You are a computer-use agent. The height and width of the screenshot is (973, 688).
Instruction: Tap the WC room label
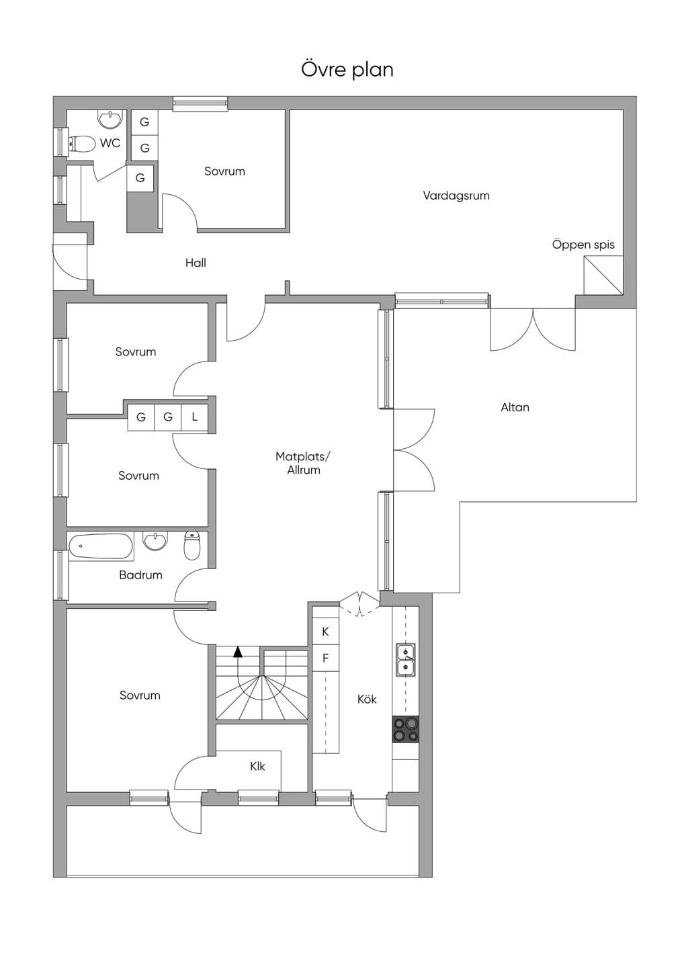click(110, 143)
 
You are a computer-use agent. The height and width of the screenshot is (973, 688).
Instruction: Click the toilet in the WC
click(82, 143)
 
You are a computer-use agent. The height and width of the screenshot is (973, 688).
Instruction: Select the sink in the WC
click(110, 119)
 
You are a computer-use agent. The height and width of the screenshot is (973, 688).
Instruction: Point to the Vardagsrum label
click(456, 196)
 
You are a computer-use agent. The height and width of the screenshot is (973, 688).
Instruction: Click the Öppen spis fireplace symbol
click(603, 276)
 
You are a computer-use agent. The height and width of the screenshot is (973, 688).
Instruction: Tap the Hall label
click(196, 263)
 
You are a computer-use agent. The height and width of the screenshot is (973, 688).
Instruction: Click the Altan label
click(515, 407)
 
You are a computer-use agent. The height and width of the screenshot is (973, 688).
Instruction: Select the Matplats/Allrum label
click(303, 463)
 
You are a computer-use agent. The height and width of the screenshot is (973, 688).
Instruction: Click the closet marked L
click(195, 417)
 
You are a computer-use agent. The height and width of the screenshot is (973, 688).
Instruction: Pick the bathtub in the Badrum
click(101, 546)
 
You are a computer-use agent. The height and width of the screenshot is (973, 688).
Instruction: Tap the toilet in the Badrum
click(191, 545)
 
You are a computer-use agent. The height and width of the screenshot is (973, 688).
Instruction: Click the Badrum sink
click(155, 542)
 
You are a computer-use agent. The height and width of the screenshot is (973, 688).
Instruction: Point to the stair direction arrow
click(238, 652)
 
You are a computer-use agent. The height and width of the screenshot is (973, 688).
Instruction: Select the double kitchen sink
click(405, 659)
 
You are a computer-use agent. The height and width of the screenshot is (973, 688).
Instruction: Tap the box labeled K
click(325, 632)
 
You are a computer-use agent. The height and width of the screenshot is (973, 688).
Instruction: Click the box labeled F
click(325, 658)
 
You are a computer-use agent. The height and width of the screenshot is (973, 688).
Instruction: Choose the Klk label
click(257, 767)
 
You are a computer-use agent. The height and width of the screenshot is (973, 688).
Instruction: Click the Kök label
click(367, 700)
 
